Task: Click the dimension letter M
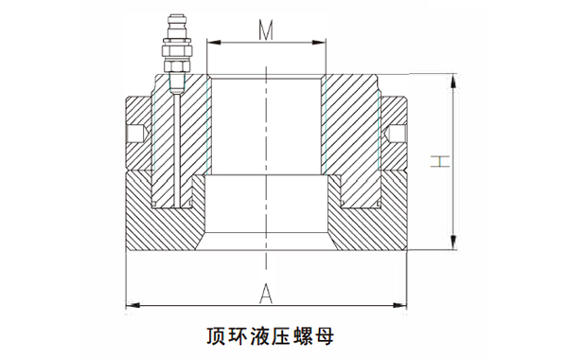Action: pyautogui.click(x=267, y=30)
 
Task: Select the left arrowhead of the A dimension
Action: pyautogui.click(x=132, y=304)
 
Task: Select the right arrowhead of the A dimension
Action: pyautogui.click(x=401, y=304)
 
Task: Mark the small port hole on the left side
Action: pyautogui.click(x=138, y=135)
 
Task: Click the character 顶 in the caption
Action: pyautogui.click(x=215, y=337)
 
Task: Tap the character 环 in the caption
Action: pyautogui.click(x=238, y=337)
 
